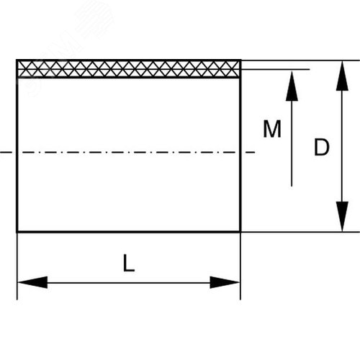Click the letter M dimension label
[272, 129]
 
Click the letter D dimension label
[322, 147]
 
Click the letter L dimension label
[129, 263]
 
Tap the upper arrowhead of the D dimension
[342, 76]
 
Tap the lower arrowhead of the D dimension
[342, 217]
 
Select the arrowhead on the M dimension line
[292, 86]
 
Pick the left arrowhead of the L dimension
[32, 282]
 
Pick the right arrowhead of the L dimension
[225, 282]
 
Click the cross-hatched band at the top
[129, 69]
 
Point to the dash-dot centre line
[127, 152]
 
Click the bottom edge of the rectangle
[129, 232]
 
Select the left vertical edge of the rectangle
[17, 146]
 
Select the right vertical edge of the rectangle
[240, 146]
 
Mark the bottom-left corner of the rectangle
[17, 232]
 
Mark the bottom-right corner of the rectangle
[240, 232]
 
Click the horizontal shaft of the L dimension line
[129, 283]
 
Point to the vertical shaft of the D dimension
[342, 146]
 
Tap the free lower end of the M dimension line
[292, 186]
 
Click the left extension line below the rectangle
[17, 266]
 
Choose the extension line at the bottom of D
[300, 232]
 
